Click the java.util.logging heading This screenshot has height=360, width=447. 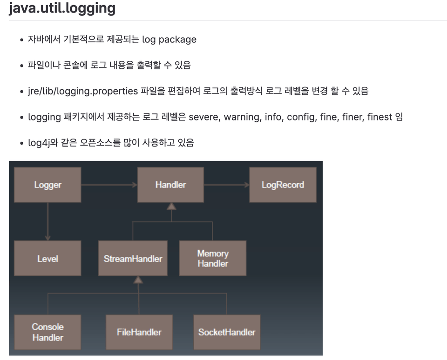tap(62, 8)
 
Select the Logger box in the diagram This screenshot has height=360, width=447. tap(47, 185)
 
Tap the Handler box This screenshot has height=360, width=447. tap(170, 185)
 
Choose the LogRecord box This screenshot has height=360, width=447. tap(283, 185)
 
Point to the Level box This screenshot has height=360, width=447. tap(47, 258)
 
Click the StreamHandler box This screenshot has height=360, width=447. tap(133, 258)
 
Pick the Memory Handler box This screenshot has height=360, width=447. tap(213, 258)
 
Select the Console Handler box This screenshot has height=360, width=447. tap(47, 332)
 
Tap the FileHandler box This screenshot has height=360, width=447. tap(139, 332)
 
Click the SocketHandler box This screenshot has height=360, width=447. tap(227, 332)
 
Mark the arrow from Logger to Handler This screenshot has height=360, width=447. tap(109, 185)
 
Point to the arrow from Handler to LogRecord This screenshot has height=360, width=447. tap(227, 185)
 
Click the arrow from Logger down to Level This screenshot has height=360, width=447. tap(47, 221)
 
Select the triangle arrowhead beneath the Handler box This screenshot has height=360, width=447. tap(171, 206)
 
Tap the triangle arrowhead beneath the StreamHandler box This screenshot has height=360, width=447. tap(138, 280)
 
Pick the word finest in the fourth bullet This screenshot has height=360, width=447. tap(379, 117)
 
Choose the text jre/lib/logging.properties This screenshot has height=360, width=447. tap(83, 91)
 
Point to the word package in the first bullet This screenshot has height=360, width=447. tap(177, 40)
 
